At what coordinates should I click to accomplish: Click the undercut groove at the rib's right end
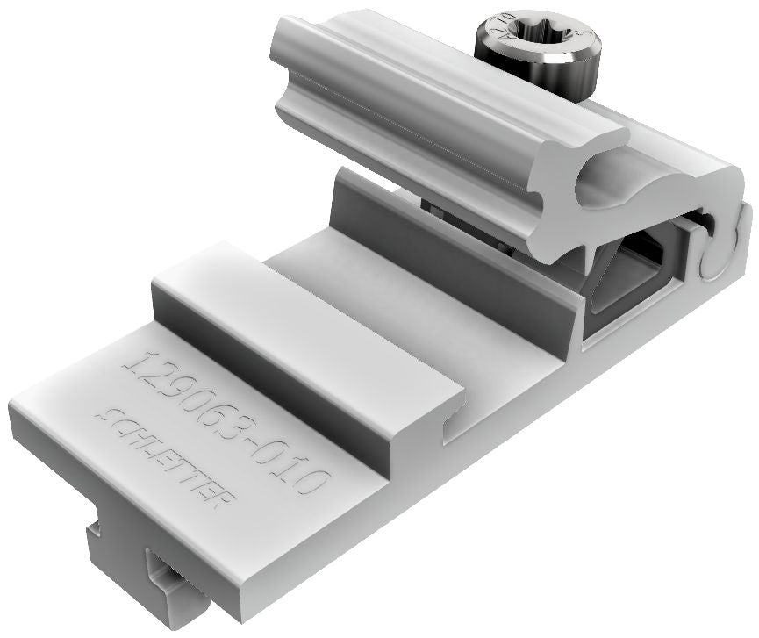point(451,425)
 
